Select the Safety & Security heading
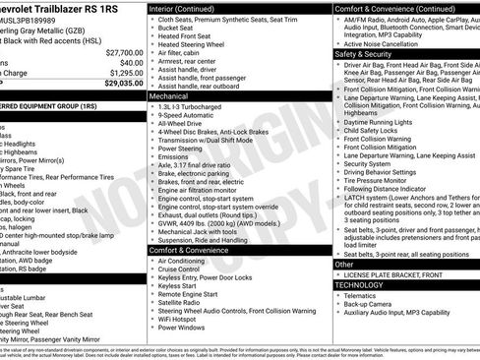[x=368, y=54]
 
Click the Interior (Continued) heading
[x=190, y=7]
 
